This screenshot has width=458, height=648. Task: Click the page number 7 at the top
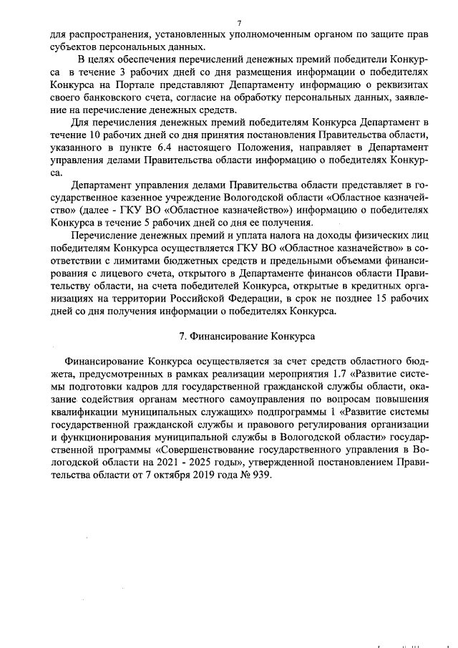click(x=238, y=23)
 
